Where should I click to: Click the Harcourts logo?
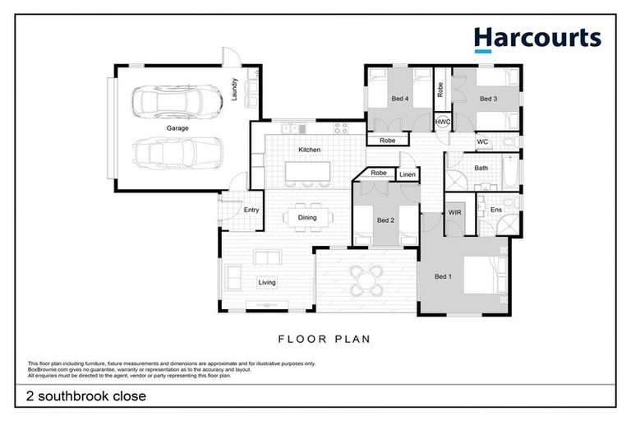537,38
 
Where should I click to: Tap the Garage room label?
177,129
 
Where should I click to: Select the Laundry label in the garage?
235,87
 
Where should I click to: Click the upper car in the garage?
177,103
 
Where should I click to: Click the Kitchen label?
309,150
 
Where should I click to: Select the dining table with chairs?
307,218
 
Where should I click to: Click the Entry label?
251,210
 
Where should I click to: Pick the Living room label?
267,283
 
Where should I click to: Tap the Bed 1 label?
443,276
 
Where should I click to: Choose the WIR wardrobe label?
454,212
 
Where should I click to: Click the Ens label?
495,210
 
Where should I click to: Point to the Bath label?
481,169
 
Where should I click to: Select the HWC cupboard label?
443,122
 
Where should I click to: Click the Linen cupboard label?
407,175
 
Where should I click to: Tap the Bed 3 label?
488,99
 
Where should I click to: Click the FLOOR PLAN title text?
324,338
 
